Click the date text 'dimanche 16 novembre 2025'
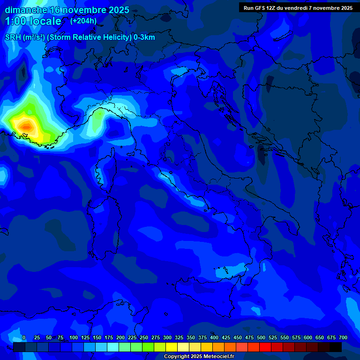67,10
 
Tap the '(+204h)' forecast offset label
83,21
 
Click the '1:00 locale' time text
33,21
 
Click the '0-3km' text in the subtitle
144,37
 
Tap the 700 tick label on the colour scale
343,337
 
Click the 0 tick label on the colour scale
24,337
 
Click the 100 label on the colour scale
73,337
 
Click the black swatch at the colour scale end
336,347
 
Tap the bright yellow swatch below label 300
172,347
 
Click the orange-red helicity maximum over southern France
27,126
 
